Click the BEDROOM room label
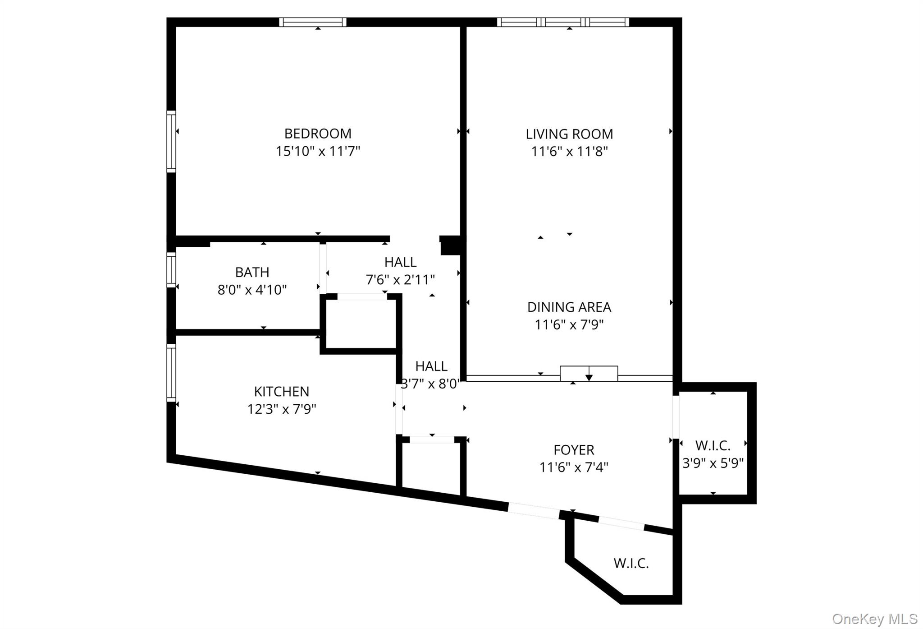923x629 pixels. point(317,134)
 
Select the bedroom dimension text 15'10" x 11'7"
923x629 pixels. point(317,151)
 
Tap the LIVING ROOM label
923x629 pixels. point(569,134)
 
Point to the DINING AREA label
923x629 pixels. point(569,307)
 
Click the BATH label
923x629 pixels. point(252,272)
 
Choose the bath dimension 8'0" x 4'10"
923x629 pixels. point(252,290)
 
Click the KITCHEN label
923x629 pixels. point(281,391)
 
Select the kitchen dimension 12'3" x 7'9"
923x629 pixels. point(281,409)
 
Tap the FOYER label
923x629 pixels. point(574,450)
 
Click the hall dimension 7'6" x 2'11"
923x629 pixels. point(400,280)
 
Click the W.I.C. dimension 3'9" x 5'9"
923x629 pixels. point(713,463)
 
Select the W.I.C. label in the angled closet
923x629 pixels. point(631,563)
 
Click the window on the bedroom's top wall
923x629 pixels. point(312,22)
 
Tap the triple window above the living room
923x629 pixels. point(563,22)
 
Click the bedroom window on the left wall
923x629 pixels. point(171,141)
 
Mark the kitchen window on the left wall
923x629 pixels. point(171,373)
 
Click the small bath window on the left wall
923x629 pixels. point(171,270)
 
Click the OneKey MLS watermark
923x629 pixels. point(874,619)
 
